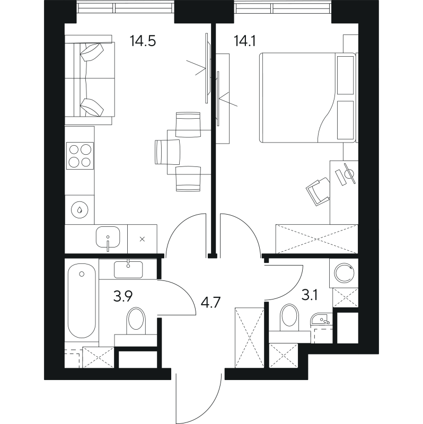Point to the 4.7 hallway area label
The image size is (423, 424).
pos(210,303)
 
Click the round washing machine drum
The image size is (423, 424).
pos(345,273)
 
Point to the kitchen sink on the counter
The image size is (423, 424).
pos(108,238)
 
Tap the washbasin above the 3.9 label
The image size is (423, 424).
pos(128,269)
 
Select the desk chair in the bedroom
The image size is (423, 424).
pos(319,190)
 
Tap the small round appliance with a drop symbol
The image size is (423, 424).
pos(79,210)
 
